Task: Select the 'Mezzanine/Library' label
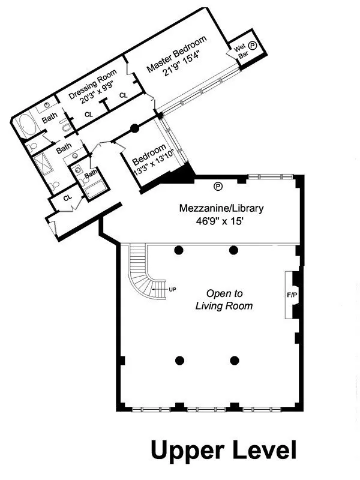pyautogui.click(x=221, y=209)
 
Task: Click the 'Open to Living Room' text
pyautogui.click(x=224, y=300)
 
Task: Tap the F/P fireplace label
pyautogui.click(x=292, y=296)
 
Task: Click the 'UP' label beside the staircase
pyautogui.click(x=172, y=289)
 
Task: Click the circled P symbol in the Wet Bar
pyautogui.click(x=253, y=45)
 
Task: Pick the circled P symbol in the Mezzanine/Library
pyautogui.click(x=217, y=185)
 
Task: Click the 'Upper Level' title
pyautogui.click(x=223, y=450)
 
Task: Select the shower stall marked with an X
pyautogui.click(x=44, y=163)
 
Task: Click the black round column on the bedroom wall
pyautogui.click(x=135, y=127)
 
